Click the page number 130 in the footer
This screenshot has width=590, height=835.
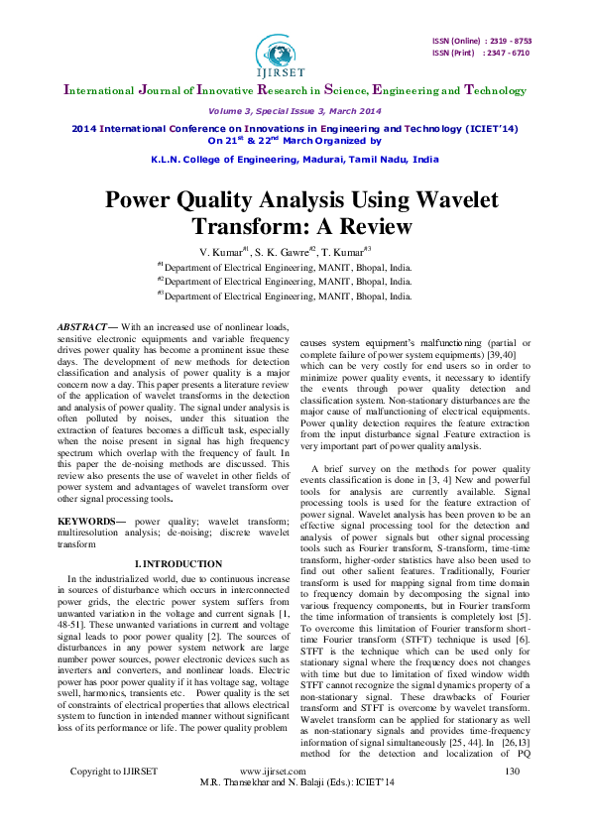(x=512, y=798)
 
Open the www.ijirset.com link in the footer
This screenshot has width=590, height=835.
(x=273, y=798)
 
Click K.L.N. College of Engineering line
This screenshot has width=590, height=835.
(x=294, y=159)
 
